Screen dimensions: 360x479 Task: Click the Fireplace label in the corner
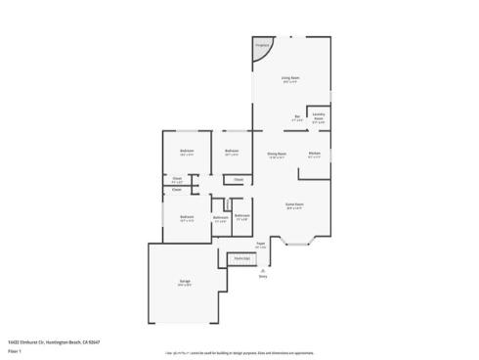(x=261, y=46)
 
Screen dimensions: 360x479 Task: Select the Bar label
(x=296, y=117)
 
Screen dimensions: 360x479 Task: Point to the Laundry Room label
(x=319, y=117)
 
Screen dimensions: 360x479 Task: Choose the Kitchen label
(x=315, y=153)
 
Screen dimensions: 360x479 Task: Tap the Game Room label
(x=293, y=204)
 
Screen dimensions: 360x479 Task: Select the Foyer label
(x=260, y=244)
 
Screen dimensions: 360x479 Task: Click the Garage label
(x=184, y=282)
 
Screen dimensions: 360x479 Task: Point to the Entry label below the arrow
(x=263, y=277)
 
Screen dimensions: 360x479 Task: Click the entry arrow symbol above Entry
(x=263, y=270)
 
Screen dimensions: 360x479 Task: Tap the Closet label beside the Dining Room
(x=239, y=179)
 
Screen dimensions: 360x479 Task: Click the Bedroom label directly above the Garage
(x=186, y=216)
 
